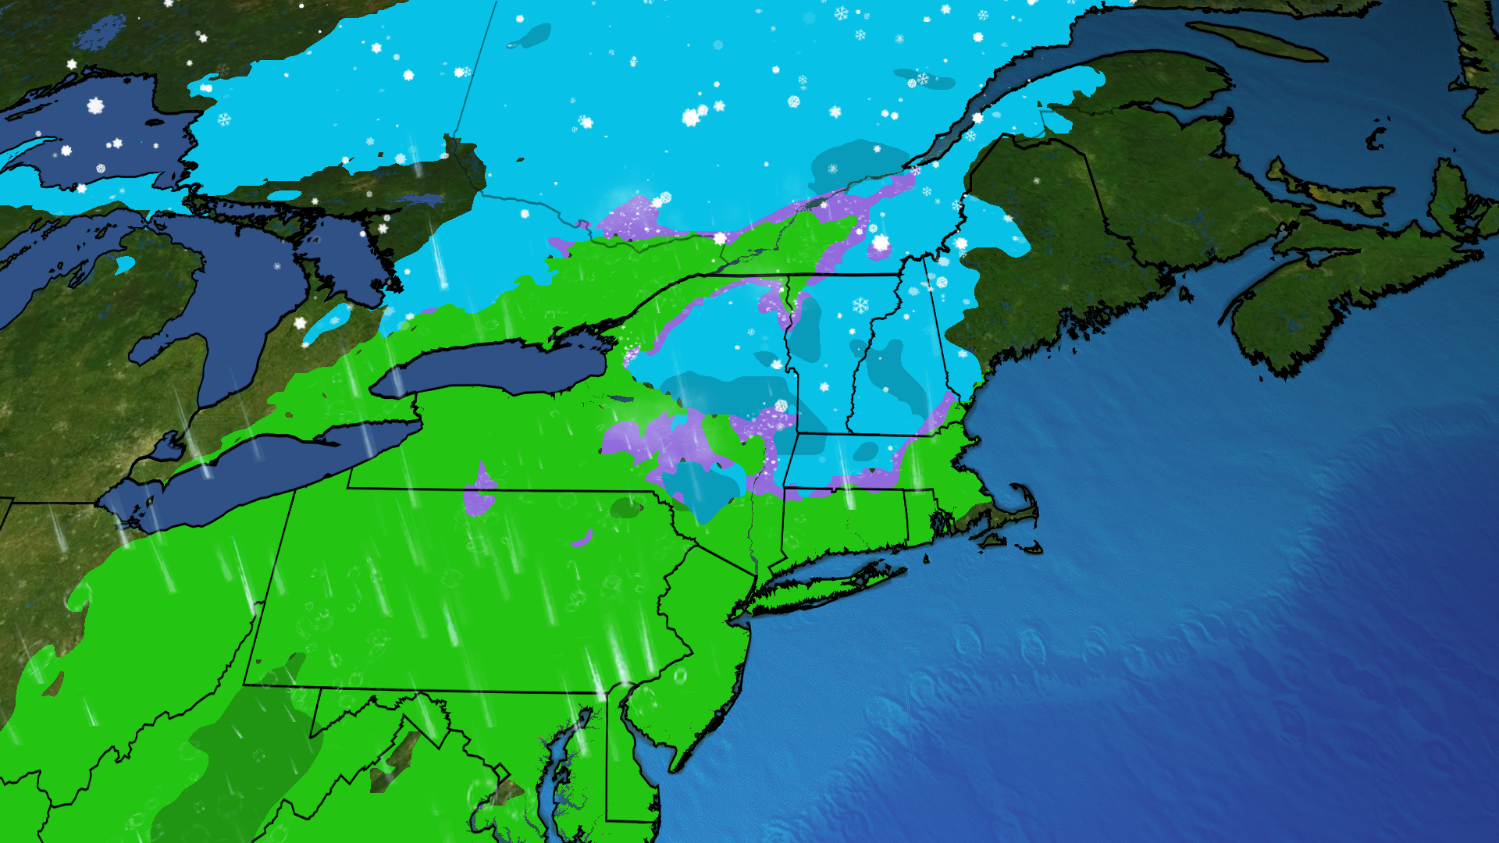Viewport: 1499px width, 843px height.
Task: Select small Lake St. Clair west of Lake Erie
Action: coord(167,448)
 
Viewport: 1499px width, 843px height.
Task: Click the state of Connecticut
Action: coord(843,519)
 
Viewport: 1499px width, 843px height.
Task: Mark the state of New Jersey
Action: coord(703,640)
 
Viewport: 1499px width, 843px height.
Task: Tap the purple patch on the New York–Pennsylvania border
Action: coord(479,492)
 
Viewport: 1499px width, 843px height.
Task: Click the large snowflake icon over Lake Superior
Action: coord(95,105)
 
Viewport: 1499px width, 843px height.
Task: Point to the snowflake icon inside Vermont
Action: coord(860,305)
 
